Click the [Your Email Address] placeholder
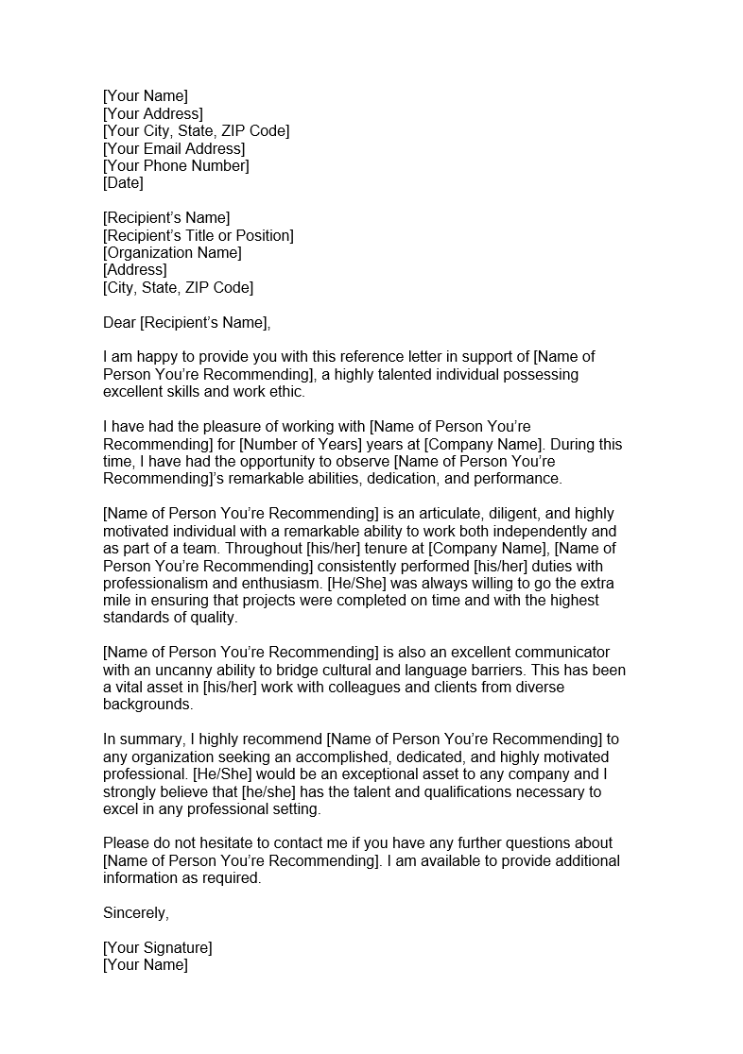click(x=174, y=148)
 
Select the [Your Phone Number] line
click(x=176, y=165)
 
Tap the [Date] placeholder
click(x=123, y=182)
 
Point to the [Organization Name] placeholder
click(x=172, y=252)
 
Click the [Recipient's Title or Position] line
click(x=198, y=235)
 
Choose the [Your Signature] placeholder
click(x=157, y=947)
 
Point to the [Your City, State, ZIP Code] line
click(x=196, y=130)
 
